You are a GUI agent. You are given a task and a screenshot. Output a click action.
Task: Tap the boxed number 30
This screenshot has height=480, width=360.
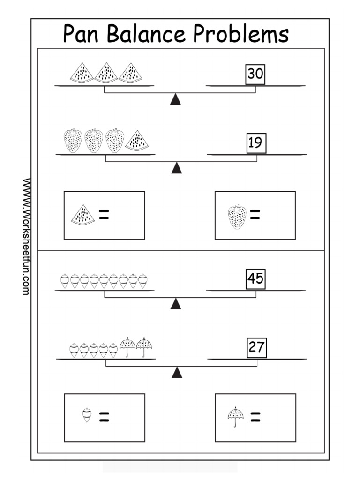[255, 74]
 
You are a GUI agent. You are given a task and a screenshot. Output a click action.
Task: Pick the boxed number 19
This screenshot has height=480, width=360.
[256, 142]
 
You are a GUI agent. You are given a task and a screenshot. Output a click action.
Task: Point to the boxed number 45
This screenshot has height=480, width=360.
[256, 279]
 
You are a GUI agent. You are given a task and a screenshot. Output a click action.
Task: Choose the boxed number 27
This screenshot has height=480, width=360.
[257, 348]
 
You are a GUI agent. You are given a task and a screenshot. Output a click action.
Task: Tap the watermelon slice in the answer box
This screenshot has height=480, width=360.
[83, 215]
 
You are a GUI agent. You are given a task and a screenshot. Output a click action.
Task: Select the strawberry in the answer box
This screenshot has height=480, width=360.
[237, 217]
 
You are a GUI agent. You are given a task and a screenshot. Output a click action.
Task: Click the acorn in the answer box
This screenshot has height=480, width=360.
[87, 416]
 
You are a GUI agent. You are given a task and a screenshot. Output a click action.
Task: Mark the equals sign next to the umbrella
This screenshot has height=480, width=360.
[255, 417]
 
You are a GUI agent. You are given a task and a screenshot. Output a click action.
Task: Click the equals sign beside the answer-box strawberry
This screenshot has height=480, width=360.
[255, 215]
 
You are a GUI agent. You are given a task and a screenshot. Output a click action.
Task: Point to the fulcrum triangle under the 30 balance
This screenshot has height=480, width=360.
[176, 99]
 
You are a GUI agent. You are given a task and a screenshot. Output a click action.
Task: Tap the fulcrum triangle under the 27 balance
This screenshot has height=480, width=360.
[177, 373]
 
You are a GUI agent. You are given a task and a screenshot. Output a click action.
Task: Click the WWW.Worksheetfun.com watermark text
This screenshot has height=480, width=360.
[26, 236]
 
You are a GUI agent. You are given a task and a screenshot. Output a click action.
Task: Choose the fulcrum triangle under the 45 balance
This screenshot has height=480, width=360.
[176, 304]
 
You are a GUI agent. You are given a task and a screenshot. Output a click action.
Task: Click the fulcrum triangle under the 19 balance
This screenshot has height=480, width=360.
[177, 168]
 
